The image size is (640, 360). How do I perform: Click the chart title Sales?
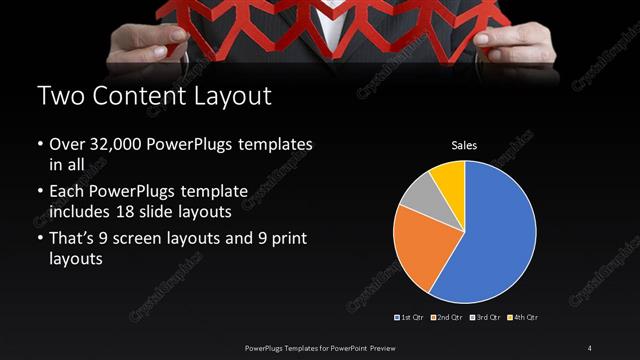pyautogui.click(x=464, y=146)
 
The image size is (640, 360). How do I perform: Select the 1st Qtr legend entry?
pyautogui.click(x=410, y=318)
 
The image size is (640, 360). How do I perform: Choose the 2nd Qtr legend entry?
pyautogui.click(x=447, y=318)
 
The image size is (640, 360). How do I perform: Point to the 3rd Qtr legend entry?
pyautogui.click(x=485, y=318)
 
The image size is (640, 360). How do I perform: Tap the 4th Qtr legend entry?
pyautogui.click(x=523, y=318)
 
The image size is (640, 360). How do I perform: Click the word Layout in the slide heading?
pyautogui.click(x=232, y=97)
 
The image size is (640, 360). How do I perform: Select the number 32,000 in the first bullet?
pyautogui.click(x=116, y=145)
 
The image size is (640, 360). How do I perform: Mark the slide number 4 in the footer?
pyautogui.click(x=590, y=347)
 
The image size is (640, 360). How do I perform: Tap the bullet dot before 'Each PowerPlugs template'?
pyautogui.click(x=39, y=189)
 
